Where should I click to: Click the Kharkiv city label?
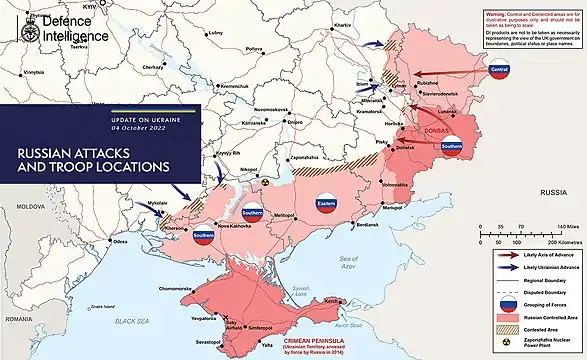click(367, 23)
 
